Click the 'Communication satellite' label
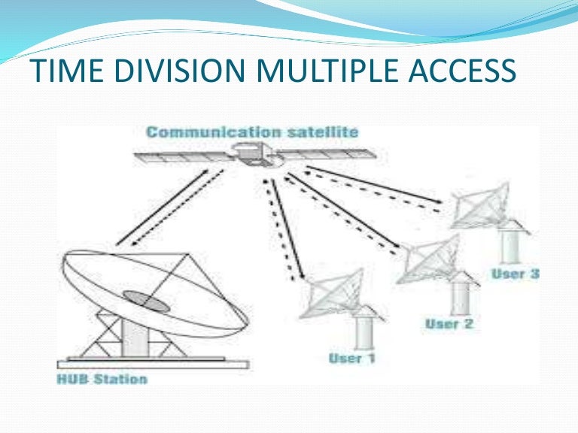(x=252, y=133)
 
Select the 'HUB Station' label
(x=102, y=379)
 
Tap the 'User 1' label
(x=351, y=359)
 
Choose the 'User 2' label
(x=449, y=324)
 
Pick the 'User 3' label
(x=515, y=274)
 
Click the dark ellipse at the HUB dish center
(x=145, y=299)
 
